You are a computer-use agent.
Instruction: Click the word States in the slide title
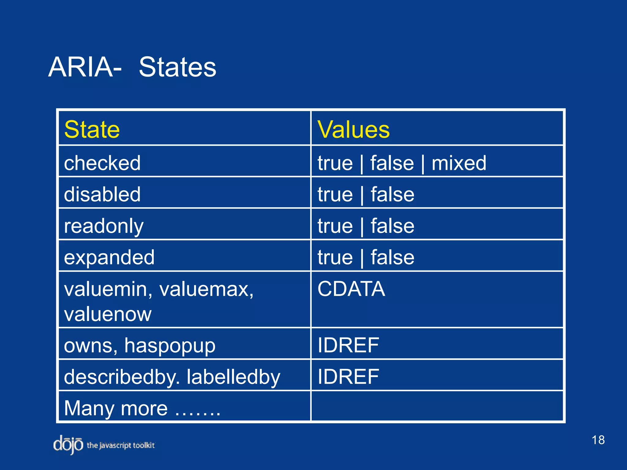click(178, 67)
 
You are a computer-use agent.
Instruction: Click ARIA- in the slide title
click(85, 67)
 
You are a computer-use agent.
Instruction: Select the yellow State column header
click(92, 129)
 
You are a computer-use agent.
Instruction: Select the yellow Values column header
click(354, 129)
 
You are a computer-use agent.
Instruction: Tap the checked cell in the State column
click(102, 163)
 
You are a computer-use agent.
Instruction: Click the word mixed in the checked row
click(459, 163)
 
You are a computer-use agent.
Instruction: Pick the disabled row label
click(102, 194)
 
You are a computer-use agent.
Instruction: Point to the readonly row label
click(104, 226)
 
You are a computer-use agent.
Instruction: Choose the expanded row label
click(109, 257)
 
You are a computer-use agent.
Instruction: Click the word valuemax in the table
click(206, 289)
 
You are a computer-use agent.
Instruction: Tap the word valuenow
click(108, 314)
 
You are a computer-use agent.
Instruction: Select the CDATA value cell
click(351, 289)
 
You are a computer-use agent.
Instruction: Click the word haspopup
click(170, 346)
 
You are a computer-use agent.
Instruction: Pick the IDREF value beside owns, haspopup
click(348, 345)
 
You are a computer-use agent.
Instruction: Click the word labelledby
click(233, 377)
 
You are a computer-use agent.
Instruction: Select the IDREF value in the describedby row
click(348, 377)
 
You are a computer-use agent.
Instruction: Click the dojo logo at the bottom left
click(68, 445)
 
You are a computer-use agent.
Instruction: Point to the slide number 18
click(598, 440)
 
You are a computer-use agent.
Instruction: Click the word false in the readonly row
click(392, 226)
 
